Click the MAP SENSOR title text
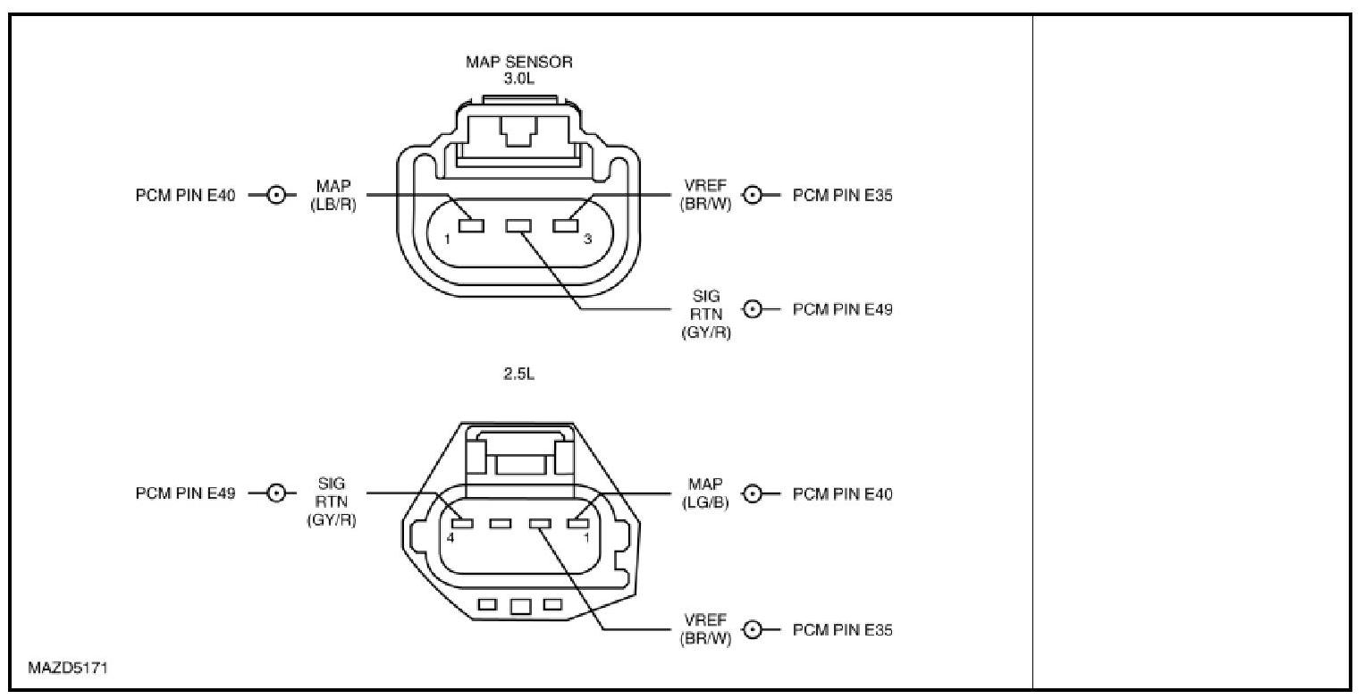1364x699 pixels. click(x=518, y=63)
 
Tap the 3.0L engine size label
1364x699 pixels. click(x=518, y=79)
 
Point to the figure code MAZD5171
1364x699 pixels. click(x=69, y=667)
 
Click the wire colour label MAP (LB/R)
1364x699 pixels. click(x=333, y=194)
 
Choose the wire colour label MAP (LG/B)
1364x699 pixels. click(x=705, y=493)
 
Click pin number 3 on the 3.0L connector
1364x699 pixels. click(x=587, y=240)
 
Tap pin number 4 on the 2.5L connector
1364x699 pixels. click(x=450, y=538)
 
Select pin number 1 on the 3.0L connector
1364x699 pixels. click(x=448, y=240)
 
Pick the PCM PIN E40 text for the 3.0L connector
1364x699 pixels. click(x=185, y=195)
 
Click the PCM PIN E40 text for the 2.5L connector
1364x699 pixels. click(x=842, y=493)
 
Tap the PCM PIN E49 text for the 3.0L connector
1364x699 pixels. click(x=842, y=309)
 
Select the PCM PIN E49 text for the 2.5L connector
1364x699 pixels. click(x=185, y=493)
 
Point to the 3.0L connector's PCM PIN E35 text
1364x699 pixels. click(x=842, y=195)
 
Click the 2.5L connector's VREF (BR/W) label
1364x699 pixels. click(x=705, y=629)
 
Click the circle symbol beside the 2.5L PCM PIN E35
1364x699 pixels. click(x=754, y=630)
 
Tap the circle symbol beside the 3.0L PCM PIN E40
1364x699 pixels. click(x=276, y=195)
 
